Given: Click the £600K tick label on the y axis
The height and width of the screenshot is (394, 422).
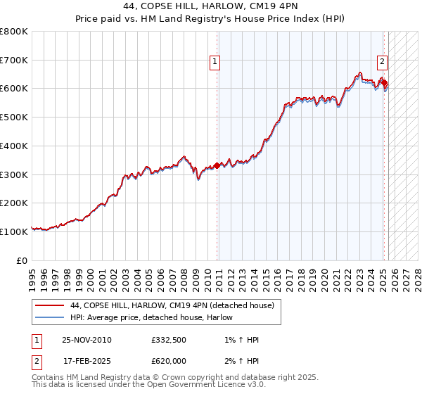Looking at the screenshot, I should [x=14, y=89].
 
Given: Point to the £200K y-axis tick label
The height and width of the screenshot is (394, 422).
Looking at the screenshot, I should [x=14, y=203].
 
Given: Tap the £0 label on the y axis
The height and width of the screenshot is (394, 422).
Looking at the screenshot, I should [x=22, y=260].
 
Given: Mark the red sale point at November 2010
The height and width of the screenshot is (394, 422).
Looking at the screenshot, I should [x=217, y=165].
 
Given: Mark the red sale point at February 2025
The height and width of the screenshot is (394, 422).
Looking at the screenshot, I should [x=384, y=83].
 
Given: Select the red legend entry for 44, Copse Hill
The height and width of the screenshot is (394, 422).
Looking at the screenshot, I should [x=176, y=305].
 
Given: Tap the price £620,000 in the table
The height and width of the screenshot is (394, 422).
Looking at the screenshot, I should [x=167, y=361].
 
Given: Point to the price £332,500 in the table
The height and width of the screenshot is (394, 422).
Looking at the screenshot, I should [x=167, y=341].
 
